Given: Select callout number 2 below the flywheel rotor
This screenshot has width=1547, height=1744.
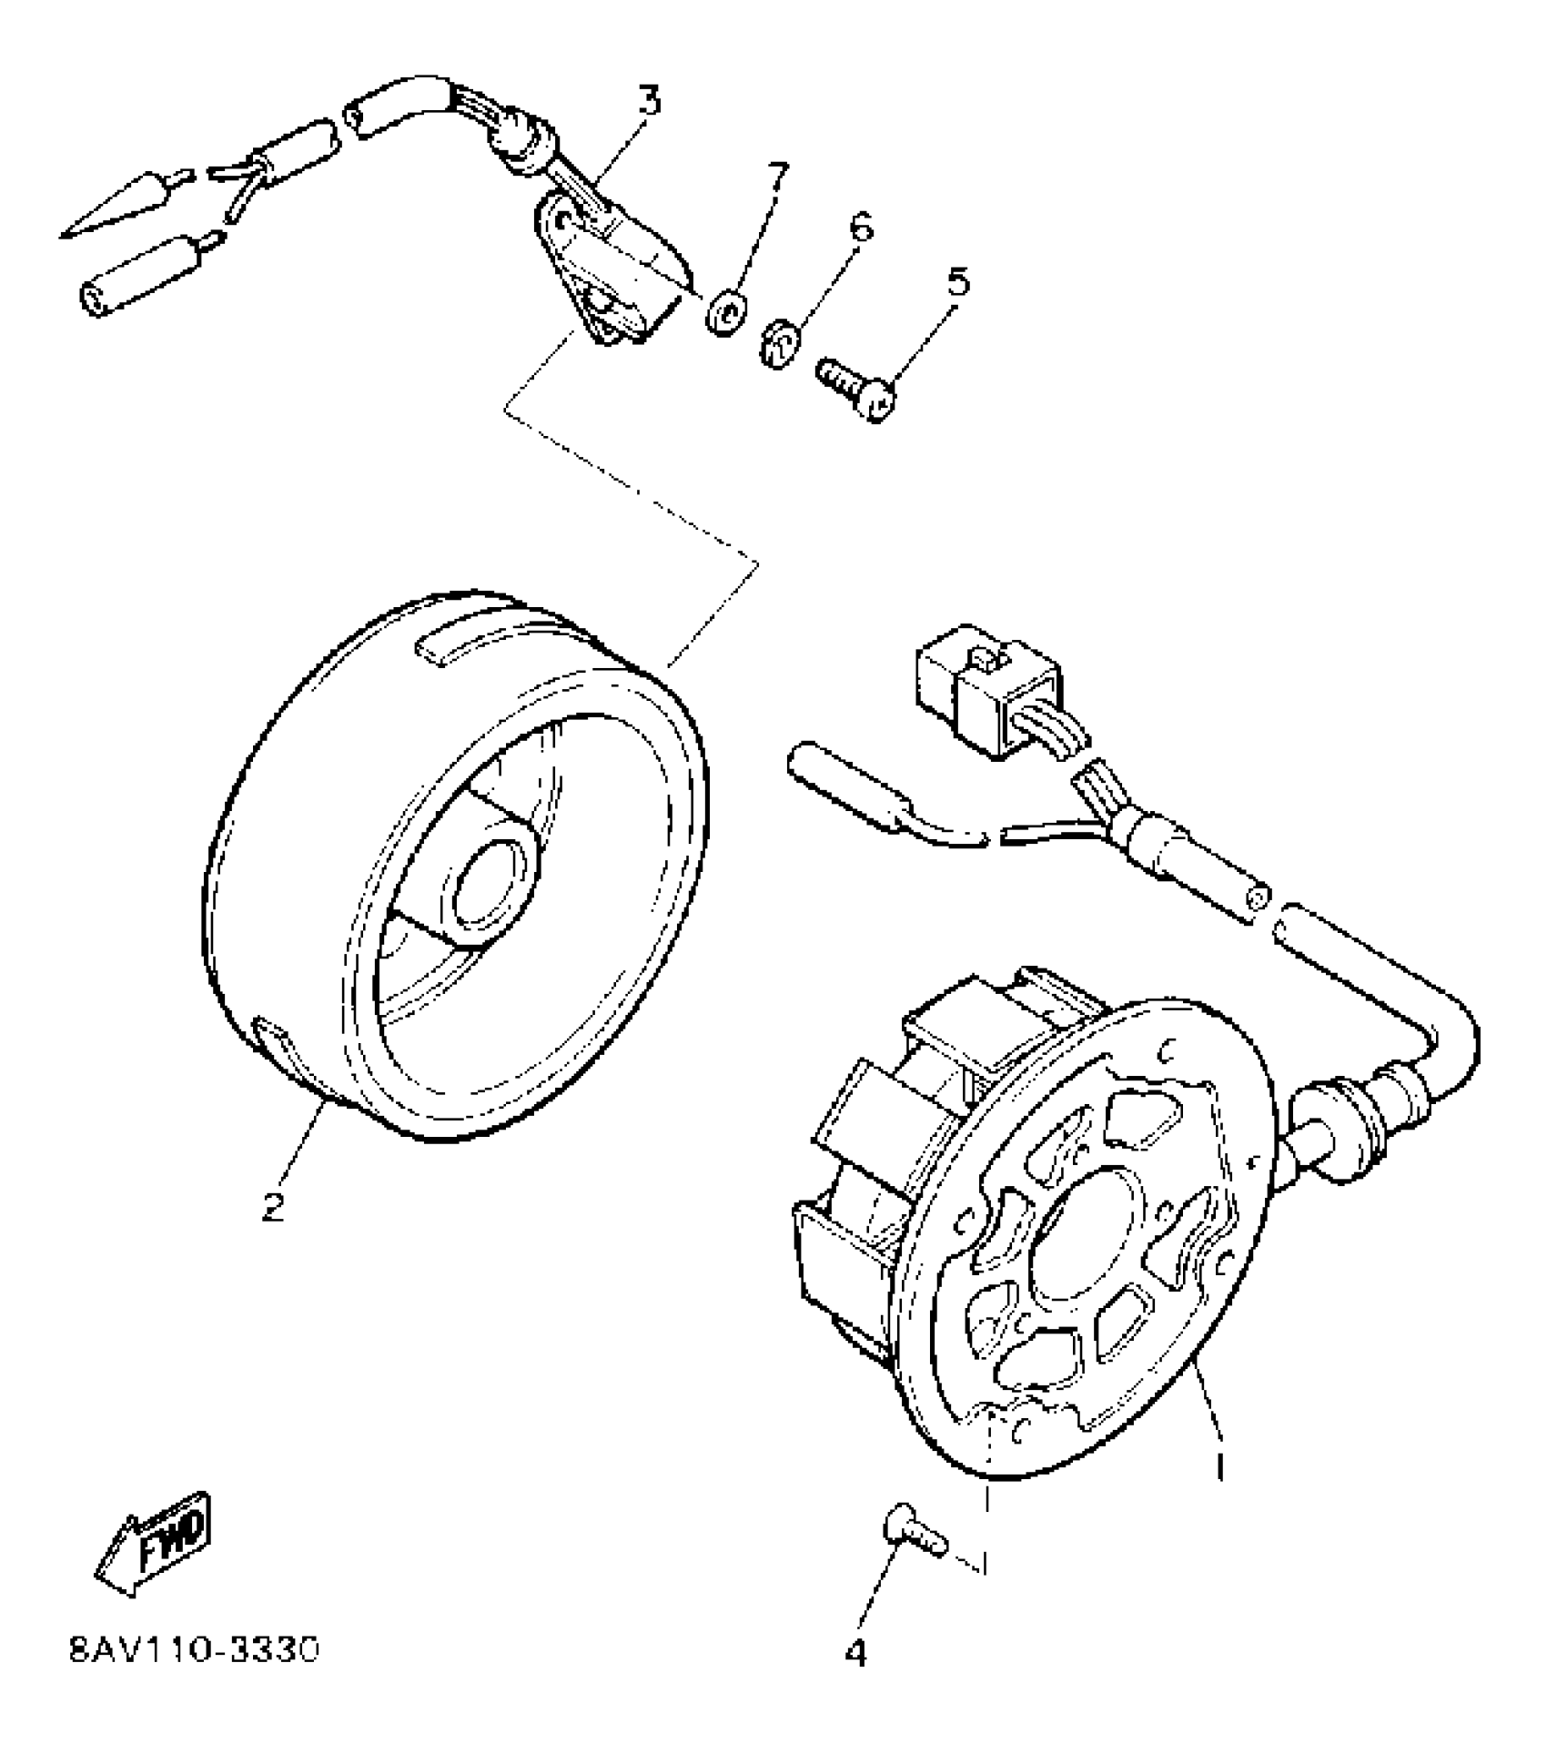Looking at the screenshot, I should pyautogui.click(x=272, y=1207).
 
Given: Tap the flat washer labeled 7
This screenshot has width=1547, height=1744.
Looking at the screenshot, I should pyautogui.click(x=726, y=313).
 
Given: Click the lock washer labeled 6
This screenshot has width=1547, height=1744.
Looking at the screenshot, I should pyautogui.click(x=779, y=346).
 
